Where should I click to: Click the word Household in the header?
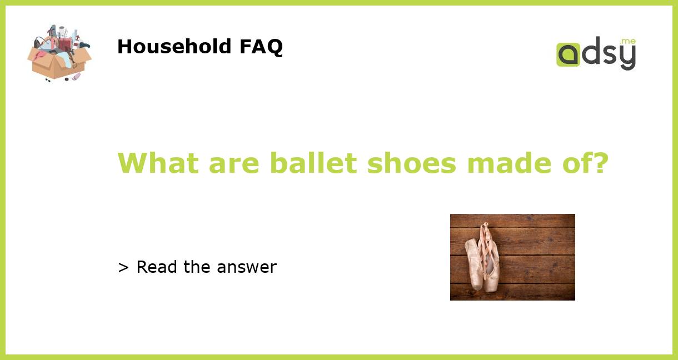click(175, 47)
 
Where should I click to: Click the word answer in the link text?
click(247, 267)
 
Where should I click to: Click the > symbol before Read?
click(123, 268)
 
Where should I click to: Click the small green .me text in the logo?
click(627, 42)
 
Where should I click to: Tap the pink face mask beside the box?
click(76, 76)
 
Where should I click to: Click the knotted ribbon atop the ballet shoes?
click(485, 228)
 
